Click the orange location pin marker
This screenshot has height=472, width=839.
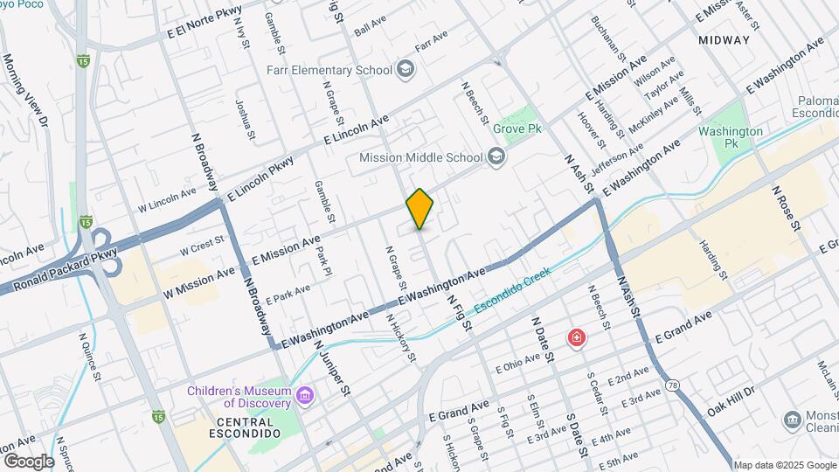[x=419, y=209]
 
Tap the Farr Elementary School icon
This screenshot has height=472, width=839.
[x=406, y=68]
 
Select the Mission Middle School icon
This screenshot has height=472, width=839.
[x=496, y=157]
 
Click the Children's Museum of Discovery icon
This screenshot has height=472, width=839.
[x=304, y=396]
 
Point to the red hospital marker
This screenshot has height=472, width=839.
[x=576, y=337]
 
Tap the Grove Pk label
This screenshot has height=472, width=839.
[x=517, y=128]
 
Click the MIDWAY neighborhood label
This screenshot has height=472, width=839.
[x=725, y=40]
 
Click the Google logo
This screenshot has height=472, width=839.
[x=28, y=461]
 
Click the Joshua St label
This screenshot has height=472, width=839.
[x=245, y=119]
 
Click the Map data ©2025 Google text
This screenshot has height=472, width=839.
[x=784, y=465]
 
